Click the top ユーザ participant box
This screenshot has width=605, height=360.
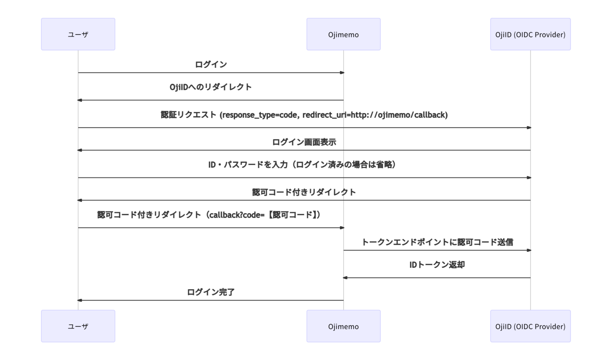click(x=78, y=34)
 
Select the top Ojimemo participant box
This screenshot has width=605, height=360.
click(x=343, y=34)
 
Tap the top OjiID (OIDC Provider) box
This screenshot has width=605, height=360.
click(x=530, y=34)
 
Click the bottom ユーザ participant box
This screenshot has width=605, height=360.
click(x=78, y=326)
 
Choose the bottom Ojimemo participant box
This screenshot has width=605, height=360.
click(x=343, y=326)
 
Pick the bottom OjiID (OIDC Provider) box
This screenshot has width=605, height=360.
click(x=530, y=326)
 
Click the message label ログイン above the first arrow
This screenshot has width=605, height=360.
click(x=211, y=64)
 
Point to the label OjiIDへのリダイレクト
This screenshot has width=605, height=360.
click(x=211, y=87)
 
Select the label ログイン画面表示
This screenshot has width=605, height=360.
click(x=304, y=142)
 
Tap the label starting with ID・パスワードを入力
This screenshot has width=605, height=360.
click(x=302, y=165)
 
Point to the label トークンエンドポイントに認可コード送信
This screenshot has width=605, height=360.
click(x=437, y=242)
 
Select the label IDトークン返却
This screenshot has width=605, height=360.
click(x=437, y=265)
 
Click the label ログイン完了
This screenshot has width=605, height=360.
click(x=211, y=292)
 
